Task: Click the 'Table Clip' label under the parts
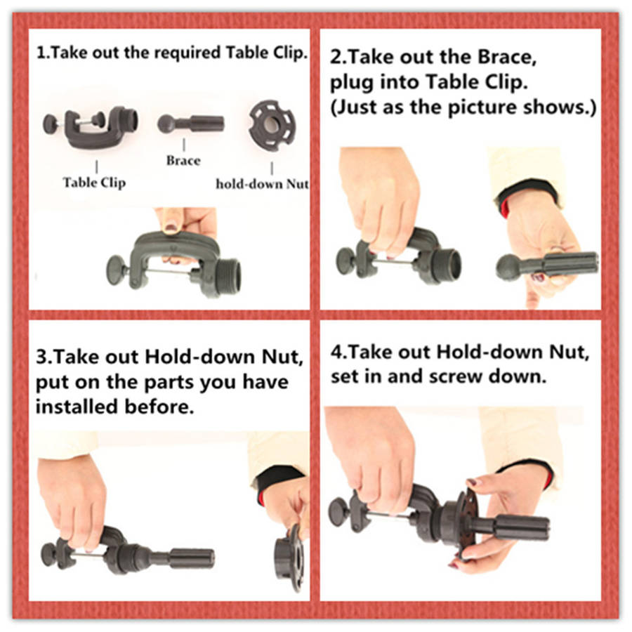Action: (94, 183)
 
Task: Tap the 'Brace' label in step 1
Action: (183, 160)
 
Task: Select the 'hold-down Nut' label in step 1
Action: (263, 184)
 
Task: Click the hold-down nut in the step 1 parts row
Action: (272, 125)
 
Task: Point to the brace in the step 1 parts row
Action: (190, 124)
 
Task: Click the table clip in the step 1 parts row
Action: (91, 126)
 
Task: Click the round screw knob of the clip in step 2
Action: (345, 261)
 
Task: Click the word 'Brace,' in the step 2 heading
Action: (507, 57)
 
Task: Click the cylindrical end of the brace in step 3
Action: (192, 559)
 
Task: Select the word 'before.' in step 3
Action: (159, 407)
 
